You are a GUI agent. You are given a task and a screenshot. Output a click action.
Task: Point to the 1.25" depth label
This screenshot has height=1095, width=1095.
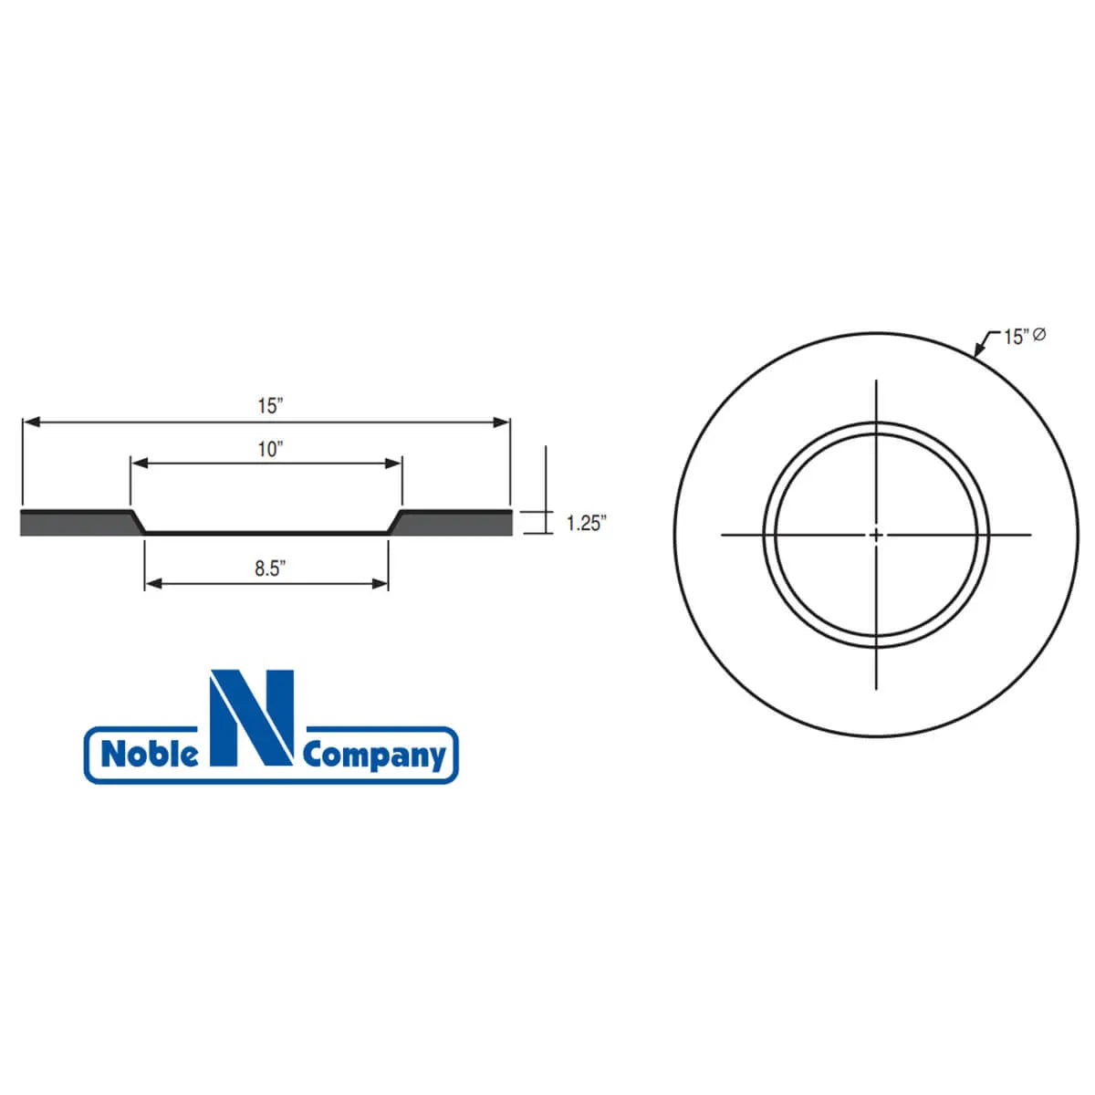[586, 524]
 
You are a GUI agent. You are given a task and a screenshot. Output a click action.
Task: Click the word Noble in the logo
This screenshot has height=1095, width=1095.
[149, 756]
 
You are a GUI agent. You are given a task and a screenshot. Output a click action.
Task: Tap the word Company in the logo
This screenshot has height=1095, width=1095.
[374, 756]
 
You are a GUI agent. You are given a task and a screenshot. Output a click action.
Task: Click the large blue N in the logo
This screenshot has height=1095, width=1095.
[252, 718]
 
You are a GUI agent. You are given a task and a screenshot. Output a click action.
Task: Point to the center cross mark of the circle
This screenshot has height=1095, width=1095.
[876, 535]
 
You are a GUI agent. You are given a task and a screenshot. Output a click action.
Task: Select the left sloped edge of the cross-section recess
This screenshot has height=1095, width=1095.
[139, 522]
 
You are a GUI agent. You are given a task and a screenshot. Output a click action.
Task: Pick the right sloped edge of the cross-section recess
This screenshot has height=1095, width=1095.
[395, 522]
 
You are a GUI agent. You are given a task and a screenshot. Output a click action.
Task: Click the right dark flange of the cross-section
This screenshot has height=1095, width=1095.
[456, 523]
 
